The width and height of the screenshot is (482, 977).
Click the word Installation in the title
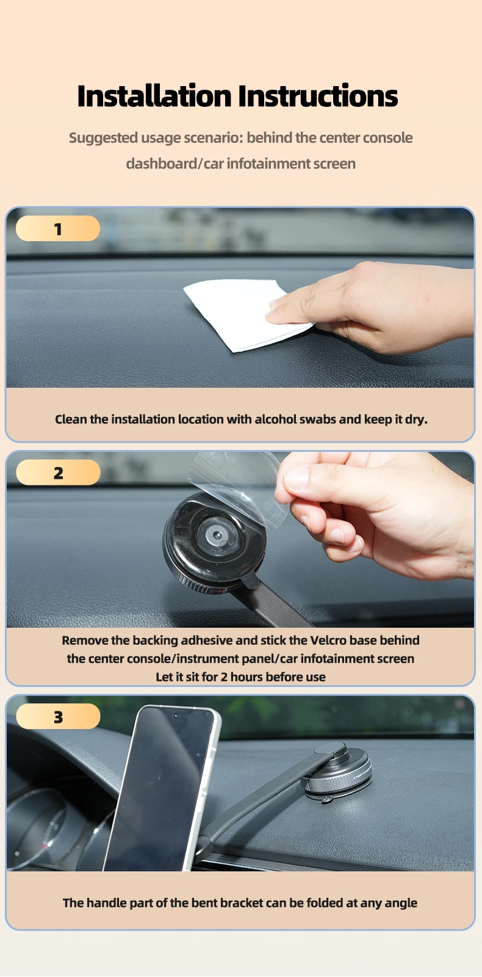(154, 96)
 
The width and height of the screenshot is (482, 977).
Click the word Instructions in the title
(318, 96)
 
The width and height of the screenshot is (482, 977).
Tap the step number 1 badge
(58, 228)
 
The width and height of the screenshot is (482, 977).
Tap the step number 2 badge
(58, 473)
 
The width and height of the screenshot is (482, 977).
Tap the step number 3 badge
(58, 717)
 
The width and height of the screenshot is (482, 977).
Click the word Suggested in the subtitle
(103, 138)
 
